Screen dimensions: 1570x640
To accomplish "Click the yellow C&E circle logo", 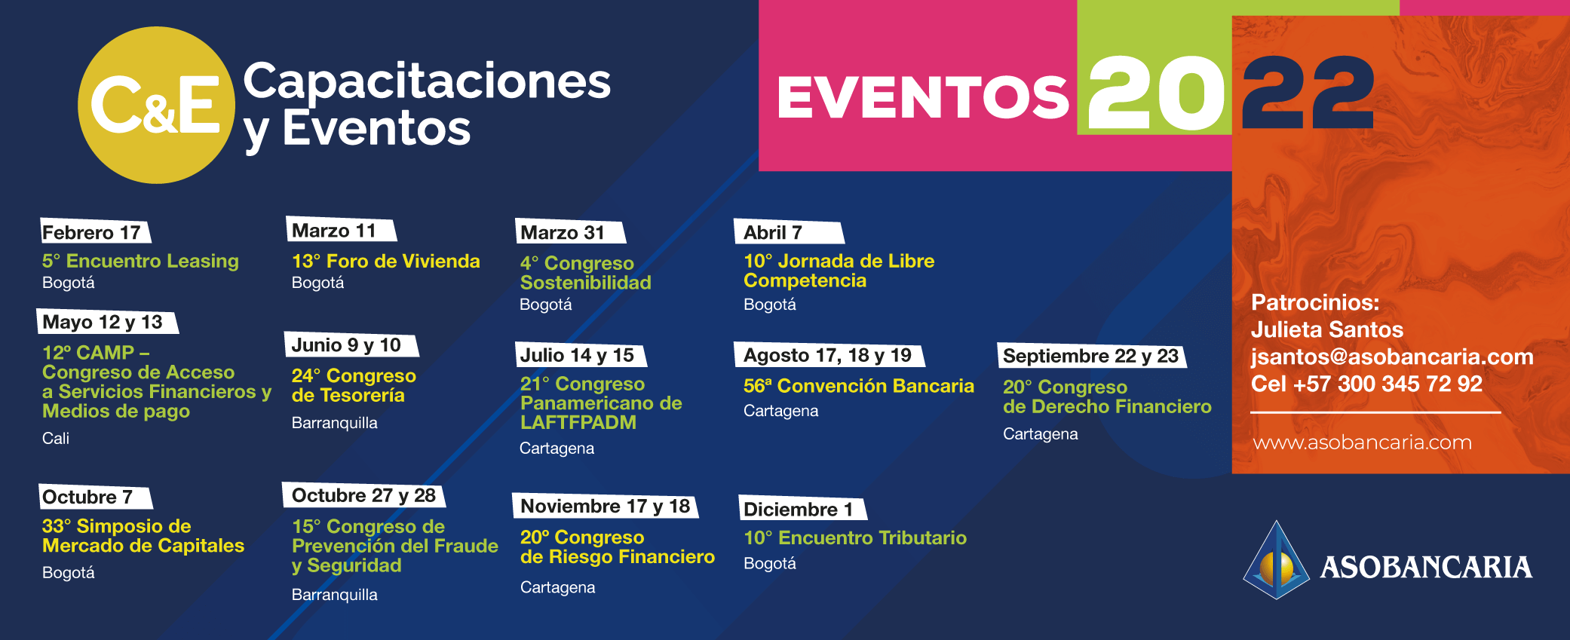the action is [156, 105].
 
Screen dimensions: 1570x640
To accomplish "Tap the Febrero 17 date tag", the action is [95, 231].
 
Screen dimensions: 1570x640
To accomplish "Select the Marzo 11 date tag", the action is [341, 230].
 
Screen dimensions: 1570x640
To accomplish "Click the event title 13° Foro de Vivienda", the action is [385, 261].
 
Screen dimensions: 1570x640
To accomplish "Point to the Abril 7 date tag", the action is [788, 232].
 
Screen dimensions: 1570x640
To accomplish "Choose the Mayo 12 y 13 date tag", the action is [107, 322].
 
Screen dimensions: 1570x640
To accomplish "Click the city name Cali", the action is [56, 438].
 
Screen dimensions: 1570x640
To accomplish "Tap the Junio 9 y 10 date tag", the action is [351, 344].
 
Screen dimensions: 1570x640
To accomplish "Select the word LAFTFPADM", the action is [578, 423].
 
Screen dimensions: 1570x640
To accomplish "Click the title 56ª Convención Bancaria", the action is [858, 386].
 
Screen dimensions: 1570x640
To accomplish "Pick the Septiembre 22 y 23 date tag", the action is [1092, 356].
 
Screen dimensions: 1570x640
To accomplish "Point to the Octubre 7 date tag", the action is [95, 497].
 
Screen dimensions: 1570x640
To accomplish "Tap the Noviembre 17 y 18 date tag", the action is [606, 506].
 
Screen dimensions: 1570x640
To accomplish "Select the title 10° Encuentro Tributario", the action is [855, 537].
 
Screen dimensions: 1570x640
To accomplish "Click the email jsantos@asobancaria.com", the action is [1392, 357].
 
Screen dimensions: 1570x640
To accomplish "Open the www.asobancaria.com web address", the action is [1362, 442].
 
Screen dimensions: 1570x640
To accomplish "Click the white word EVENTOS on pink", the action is [923, 98].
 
